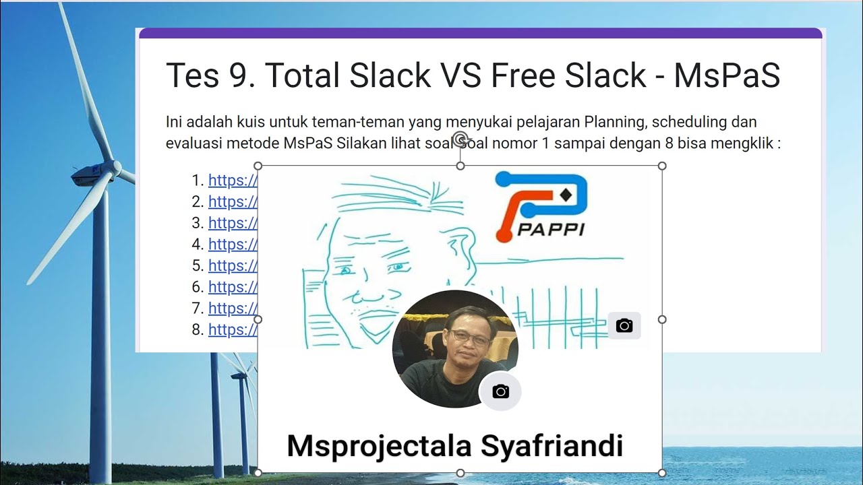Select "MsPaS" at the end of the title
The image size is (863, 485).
click(727, 75)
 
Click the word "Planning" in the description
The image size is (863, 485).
click(614, 122)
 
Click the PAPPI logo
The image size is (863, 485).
click(541, 205)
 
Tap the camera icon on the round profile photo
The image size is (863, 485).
click(500, 392)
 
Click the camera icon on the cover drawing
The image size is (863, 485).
click(624, 326)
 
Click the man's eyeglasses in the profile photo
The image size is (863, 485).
click(470, 337)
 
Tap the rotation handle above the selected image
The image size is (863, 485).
click(460, 139)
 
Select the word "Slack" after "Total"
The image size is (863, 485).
click(393, 75)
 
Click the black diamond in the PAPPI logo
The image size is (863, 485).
click(565, 195)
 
